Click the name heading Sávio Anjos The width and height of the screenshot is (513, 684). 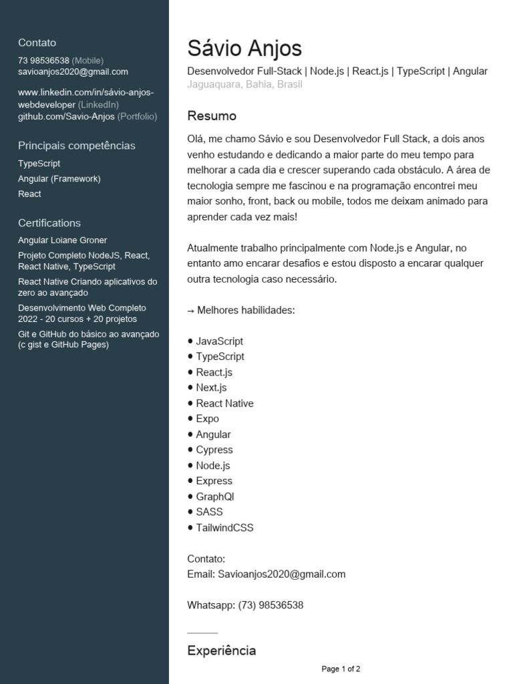(x=244, y=48)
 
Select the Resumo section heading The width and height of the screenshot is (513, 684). (x=212, y=116)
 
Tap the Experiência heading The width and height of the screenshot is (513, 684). (x=221, y=650)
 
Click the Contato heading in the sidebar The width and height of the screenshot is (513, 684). (x=37, y=42)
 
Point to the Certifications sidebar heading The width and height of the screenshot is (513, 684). (x=49, y=222)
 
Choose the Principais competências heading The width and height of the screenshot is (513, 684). (x=76, y=145)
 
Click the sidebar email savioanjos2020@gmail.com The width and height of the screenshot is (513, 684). (x=73, y=71)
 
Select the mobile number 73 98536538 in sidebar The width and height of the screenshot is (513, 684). (x=43, y=60)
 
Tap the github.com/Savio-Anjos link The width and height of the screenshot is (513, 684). (x=66, y=116)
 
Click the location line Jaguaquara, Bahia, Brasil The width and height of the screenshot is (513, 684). (x=244, y=84)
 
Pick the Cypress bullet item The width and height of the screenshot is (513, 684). (x=214, y=450)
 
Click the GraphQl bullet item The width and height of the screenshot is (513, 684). (x=214, y=496)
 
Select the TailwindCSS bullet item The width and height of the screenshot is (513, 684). (x=224, y=528)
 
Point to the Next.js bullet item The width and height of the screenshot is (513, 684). (x=211, y=387)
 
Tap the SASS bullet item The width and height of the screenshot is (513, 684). (x=209, y=512)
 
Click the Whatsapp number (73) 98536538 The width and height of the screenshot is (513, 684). (x=270, y=605)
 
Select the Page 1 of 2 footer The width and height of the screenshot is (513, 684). (x=341, y=669)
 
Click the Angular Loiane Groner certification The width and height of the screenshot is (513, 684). (x=62, y=240)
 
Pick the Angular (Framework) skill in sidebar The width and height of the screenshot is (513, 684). (x=59, y=178)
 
